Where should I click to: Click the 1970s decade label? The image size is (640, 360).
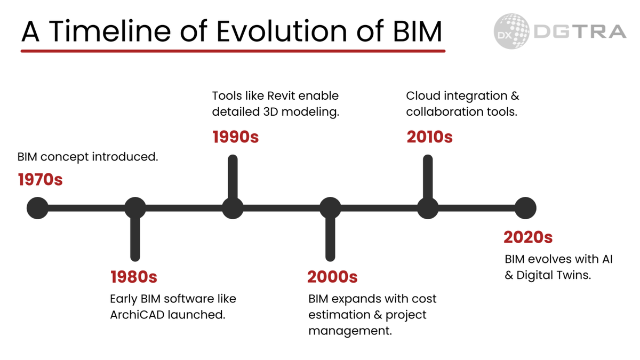pyautogui.click(x=41, y=180)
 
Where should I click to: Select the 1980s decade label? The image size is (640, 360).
pyautogui.click(x=134, y=277)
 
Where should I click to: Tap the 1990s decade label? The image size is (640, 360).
pyautogui.click(x=235, y=137)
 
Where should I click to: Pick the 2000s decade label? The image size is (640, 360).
pyautogui.click(x=332, y=277)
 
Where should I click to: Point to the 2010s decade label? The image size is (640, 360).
pyautogui.click(x=430, y=137)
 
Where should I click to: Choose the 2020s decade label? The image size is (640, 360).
pyautogui.click(x=528, y=237)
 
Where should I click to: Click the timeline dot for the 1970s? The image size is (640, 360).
pyautogui.click(x=38, y=208)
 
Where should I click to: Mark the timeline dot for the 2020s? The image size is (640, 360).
pyautogui.click(x=525, y=208)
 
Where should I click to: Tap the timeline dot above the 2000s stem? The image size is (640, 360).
pyautogui.click(x=330, y=208)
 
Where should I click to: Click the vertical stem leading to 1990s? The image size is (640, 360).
pyautogui.click(x=233, y=177)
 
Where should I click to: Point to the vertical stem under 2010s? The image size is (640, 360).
pyautogui.click(x=428, y=177)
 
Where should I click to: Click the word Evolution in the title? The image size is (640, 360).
pyautogui.click(x=282, y=31)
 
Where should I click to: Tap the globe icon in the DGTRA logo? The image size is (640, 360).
pyautogui.click(x=511, y=31)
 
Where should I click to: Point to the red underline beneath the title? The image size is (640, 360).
pyautogui.click(x=233, y=51)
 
